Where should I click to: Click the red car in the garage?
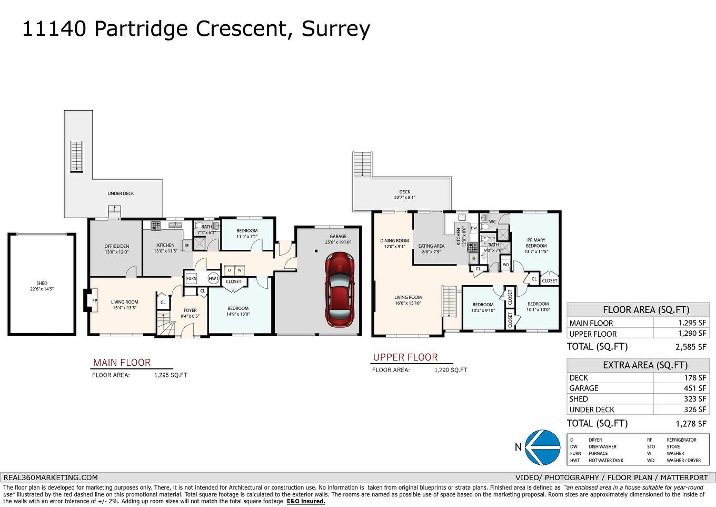[x=340, y=289]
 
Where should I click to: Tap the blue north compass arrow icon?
[x=543, y=447]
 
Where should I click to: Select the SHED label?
[x=42, y=283]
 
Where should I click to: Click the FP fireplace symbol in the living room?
[x=95, y=301]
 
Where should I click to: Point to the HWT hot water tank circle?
[x=213, y=278]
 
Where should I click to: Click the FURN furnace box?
[x=191, y=278]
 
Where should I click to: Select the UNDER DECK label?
[x=121, y=193]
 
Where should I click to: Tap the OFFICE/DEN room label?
[x=116, y=246]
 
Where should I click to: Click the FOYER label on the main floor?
[x=190, y=310]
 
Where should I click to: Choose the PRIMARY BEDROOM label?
[x=536, y=243]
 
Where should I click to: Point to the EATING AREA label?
[x=431, y=246]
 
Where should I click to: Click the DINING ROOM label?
[x=394, y=241]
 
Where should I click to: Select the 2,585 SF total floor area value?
[x=691, y=347]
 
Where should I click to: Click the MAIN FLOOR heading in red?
[x=122, y=363]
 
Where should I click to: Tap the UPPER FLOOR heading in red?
[x=405, y=357]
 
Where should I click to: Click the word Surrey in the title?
[x=335, y=28]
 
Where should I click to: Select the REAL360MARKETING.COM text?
[x=51, y=477]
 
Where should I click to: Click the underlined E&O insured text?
[x=305, y=501]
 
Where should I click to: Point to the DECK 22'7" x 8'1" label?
[x=404, y=195]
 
